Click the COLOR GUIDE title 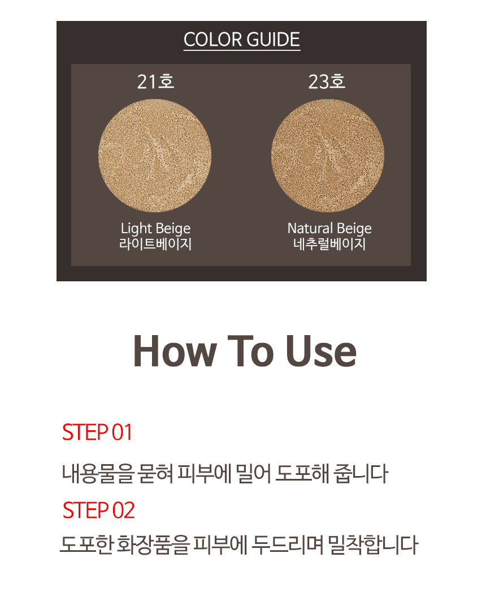pyautogui.click(x=241, y=40)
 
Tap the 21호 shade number pyautogui.click(x=155, y=82)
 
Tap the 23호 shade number pyautogui.click(x=327, y=82)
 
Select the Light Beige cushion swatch pyautogui.click(x=155, y=156)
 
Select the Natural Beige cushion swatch pyautogui.click(x=328, y=156)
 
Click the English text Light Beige pyautogui.click(x=155, y=229)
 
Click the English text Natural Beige pyautogui.click(x=329, y=229)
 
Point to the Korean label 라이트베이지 pyautogui.click(x=155, y=244)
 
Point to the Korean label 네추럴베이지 pyautogui.click(x=329, y=244)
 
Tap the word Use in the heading pyautogui.click(x=321, y=352)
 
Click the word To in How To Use pyautogui.click(x=251, y=352)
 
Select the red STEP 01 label pyautogui.click(x=97, y=432)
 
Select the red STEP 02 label pyautogui.click(x=98, y=510)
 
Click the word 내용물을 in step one pyautogui.click(x=98, y=473)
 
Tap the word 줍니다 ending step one pyautogui.click(x=361, y=473)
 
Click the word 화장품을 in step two pyautogui.click(x=153, y=545)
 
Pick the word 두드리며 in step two pyautogui.click(x=287, y=545)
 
